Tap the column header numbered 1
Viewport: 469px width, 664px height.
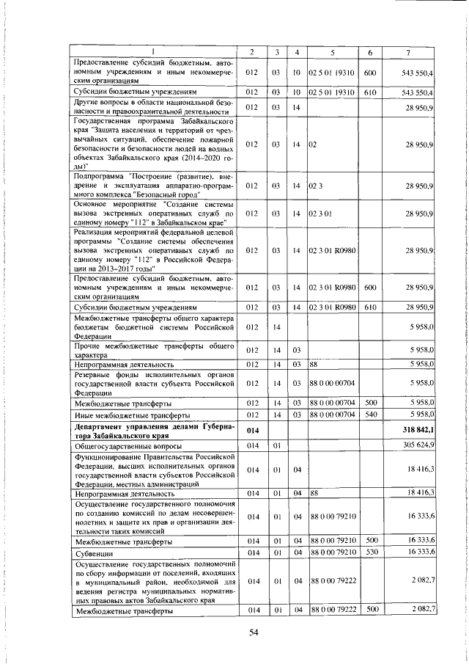tap(153, 51)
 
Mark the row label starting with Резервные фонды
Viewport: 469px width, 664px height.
tap(154, 383)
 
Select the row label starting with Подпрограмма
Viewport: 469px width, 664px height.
tap(154, 186)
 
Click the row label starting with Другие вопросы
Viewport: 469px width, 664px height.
tap(154, 107)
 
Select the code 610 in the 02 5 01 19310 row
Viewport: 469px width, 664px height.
tap(370, 93)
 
